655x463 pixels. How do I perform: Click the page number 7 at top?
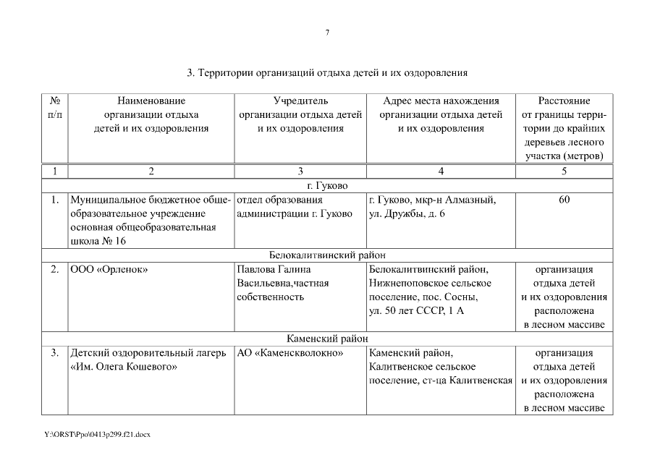point(327,33)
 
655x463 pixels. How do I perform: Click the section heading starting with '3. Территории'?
point(327,73)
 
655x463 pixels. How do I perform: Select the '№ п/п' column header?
point(54,108)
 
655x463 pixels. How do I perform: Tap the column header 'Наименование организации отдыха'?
point(151,114)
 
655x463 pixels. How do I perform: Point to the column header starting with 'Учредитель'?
point(300,114)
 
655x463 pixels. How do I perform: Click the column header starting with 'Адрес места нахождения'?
point(441,114)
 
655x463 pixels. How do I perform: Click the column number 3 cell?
point(300,171)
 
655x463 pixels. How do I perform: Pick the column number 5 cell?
point(564,171)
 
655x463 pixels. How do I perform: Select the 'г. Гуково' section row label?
point(327,185)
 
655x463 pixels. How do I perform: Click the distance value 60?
point(564,200)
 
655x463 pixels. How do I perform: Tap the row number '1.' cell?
point(54,200)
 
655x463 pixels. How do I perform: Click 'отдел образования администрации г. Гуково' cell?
point(295,206)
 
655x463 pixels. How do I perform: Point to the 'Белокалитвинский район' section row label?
point(327,255)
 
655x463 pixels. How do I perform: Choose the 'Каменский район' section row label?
point(327,338)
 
